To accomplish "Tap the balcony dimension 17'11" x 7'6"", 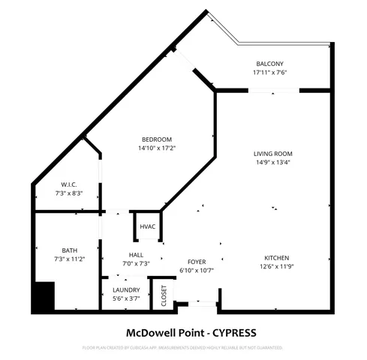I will tap(270, 73).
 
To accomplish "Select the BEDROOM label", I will tap(157, 139).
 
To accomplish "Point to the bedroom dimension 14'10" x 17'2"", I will tap(157, 148).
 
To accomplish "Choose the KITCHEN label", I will tap(276, 257).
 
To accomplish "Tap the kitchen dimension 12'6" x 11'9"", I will tap(276, 266).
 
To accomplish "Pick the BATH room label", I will tap(69, 250).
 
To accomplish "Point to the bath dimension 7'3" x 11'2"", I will tap(69, 259).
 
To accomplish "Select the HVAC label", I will tap(147, 227).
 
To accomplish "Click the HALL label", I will tap(136, 255).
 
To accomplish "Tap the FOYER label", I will tap(197, 262).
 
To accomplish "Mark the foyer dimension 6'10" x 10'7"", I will tap(197, 270).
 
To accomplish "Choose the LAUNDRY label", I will tap(126, 290).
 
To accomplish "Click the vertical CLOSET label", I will tap(164, 296).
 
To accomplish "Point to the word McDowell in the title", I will tap(146, 331).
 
